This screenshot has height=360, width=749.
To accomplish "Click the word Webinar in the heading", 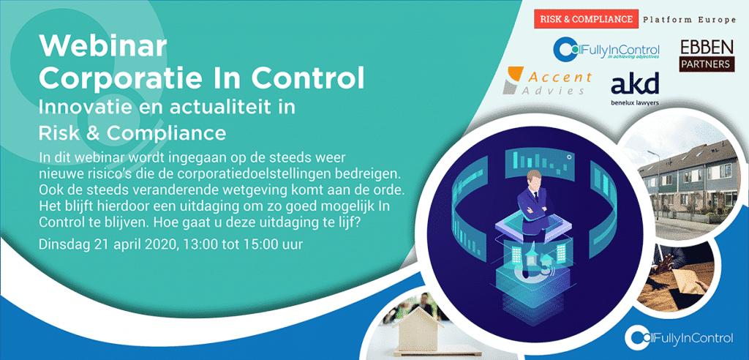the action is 102,46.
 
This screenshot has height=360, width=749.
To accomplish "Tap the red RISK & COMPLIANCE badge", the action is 586,19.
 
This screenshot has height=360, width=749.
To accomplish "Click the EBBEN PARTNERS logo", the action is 707,56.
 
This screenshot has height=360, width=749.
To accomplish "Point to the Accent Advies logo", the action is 548,80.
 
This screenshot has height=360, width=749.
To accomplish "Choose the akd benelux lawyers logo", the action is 635,89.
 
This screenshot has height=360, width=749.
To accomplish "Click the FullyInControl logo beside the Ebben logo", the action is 606,50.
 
